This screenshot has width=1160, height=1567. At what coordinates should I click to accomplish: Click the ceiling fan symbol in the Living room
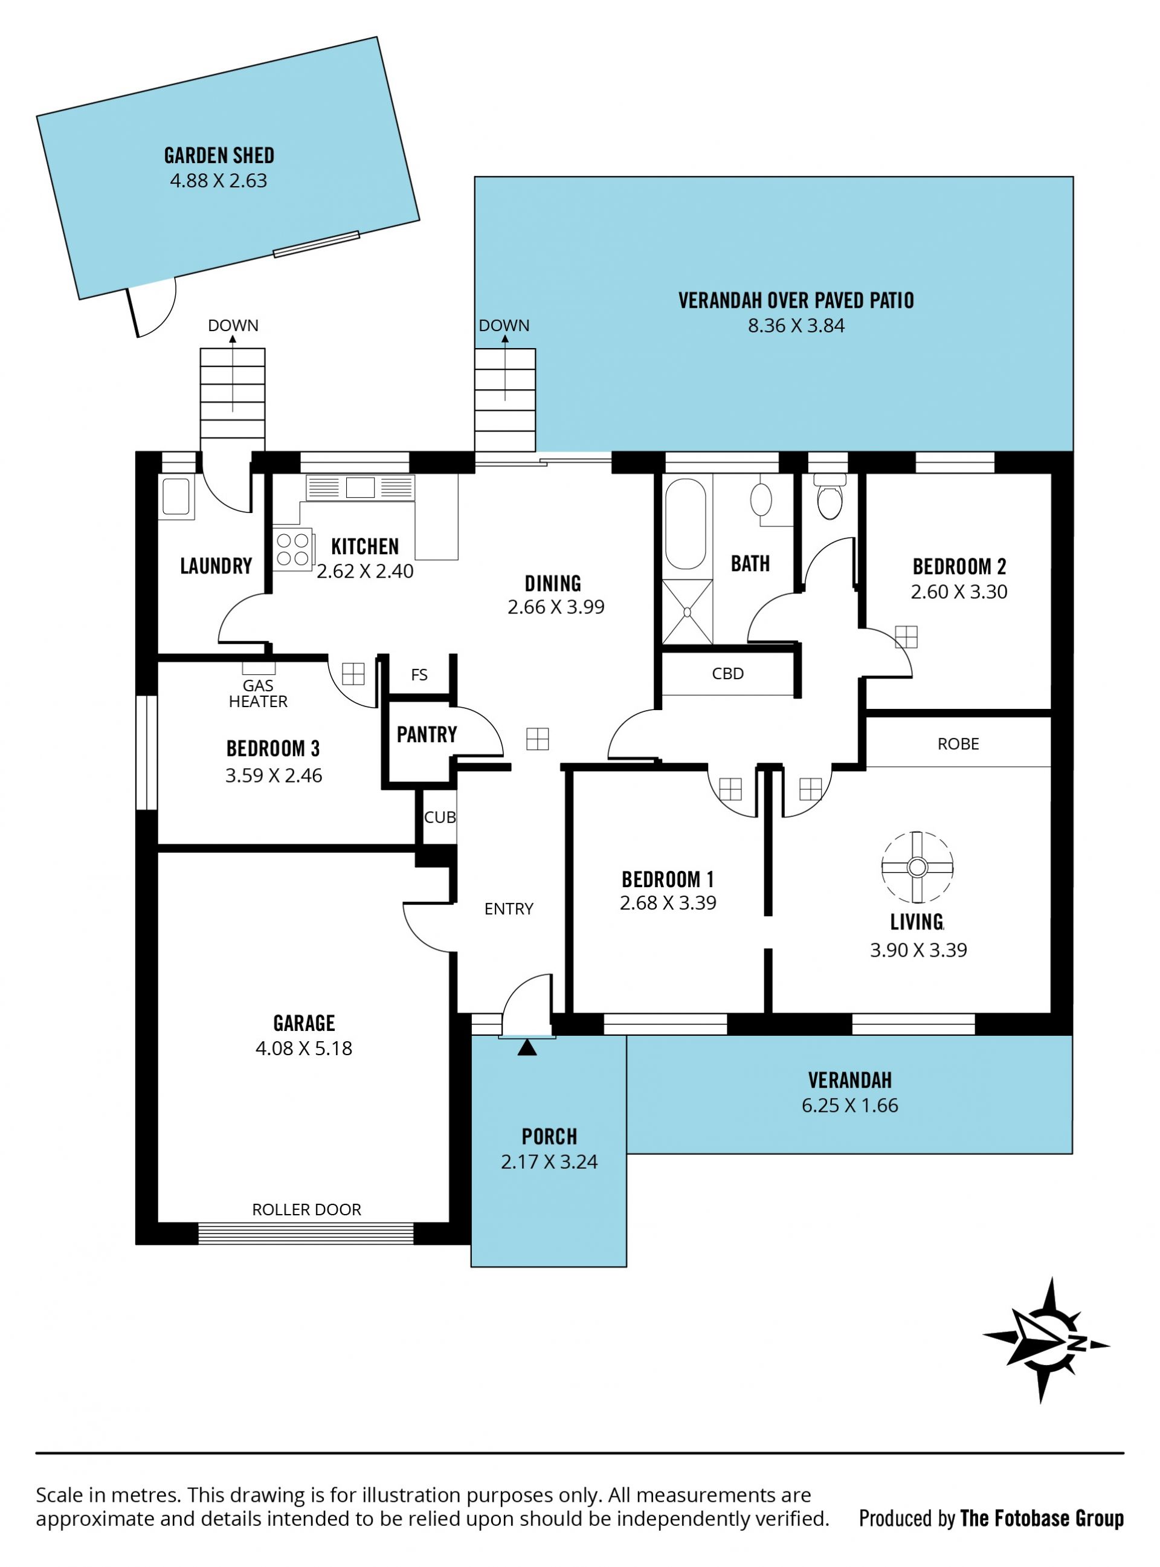click(x=917, y=867)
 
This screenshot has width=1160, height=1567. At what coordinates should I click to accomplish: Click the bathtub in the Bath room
click(x=685, y=524)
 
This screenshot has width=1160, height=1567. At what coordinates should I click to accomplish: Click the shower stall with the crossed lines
click(x=687, y=612)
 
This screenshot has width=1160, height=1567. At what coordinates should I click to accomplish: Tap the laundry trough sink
click(x=176, y=497)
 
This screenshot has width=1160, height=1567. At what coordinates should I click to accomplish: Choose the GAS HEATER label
click(x=259, y=693)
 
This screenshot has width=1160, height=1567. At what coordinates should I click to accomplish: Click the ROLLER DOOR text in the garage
click(x=307, y=1209)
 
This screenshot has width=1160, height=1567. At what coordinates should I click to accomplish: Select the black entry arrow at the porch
click(x=527, y=1047)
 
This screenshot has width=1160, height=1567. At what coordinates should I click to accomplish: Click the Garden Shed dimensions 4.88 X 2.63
click(x=218, y=181)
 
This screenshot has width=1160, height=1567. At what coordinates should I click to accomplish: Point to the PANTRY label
click(x=427, y=735)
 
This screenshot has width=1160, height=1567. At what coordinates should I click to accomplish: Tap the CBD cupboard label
click(x=727, y=674)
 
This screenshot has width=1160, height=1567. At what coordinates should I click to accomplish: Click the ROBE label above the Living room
click(x=958, y=744)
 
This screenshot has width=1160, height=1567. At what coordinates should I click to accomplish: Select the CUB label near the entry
click(x=440, y=817)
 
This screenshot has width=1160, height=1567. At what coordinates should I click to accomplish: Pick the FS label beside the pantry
click(x=419, y=675)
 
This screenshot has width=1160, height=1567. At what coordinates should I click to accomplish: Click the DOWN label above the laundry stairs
click(x=233, y=325)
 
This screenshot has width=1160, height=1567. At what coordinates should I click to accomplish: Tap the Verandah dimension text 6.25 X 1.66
click(x=849, y=1105)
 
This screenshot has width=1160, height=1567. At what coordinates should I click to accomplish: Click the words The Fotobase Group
click(x=1042, y=1519)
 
